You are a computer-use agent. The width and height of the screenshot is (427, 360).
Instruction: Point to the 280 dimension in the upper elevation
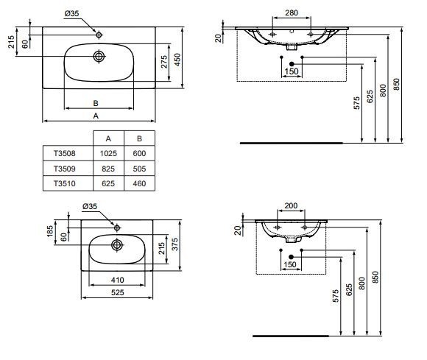pos(292,13)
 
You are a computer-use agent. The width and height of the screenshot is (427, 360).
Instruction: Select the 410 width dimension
pos(118,280)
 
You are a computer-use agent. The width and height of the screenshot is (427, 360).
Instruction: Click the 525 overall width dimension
pos(118,293)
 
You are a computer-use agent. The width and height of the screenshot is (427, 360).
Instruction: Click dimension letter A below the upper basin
pos(96,116)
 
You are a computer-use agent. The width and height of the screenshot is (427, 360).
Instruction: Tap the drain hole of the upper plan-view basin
pos(99,56)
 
